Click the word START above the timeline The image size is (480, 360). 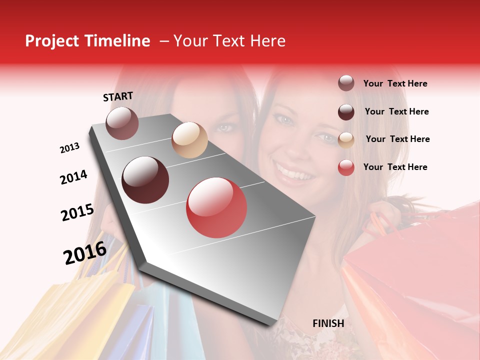[x=118, y=96]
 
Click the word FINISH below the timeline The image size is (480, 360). [x=328, y=323]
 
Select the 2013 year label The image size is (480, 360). [x=69, y=148]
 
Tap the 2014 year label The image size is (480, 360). [x=73, y=177]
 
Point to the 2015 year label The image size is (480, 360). [x=77, y=212]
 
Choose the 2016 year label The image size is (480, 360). [x=85, y=252]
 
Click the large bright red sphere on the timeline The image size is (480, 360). [x=216, y=207]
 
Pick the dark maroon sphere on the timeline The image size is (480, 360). [x=145, y=180]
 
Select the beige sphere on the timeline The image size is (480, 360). [x=189, y=140]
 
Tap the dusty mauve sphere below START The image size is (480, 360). [x=122, y=123]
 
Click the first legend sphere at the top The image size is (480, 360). [x=346, y=83]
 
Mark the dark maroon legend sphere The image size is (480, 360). [x=346, y=112]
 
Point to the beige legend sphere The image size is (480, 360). [x=346, y=139]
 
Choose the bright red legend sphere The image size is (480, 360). [x=346, y=167]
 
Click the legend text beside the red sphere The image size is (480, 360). [x=395, y=167]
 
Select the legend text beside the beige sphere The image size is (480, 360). [x=397, y=139]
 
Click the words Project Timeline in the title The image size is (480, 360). [x=87, y=41]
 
